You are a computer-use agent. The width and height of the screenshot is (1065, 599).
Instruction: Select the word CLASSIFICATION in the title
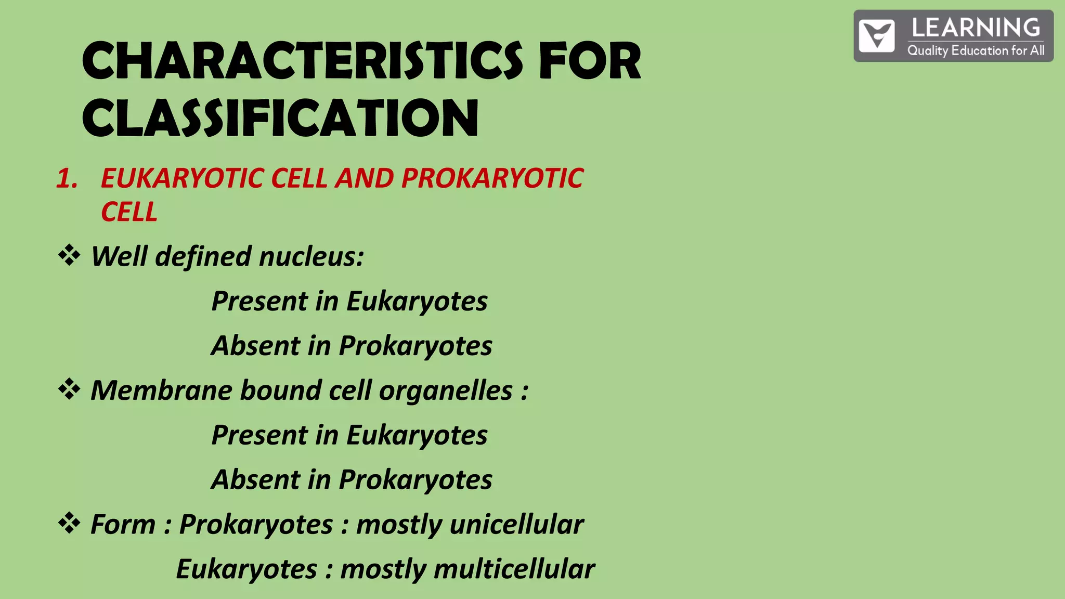click(x=280, y=118)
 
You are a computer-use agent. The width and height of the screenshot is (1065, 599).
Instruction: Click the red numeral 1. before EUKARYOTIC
click(x=67, y=178)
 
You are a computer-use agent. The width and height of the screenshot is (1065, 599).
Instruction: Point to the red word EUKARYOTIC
click(x=183, y=178)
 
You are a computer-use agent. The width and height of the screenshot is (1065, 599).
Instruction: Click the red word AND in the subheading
click(x=365, y=178)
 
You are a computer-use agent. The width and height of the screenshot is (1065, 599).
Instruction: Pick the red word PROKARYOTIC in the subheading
click(x=492, y=178)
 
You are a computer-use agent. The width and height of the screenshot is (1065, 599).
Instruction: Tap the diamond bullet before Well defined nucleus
click(x=69, y=256)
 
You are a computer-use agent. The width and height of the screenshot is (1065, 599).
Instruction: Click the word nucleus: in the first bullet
click(x=311, y=256)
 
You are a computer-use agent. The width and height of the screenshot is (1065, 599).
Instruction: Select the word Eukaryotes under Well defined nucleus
click(x=417, y=302)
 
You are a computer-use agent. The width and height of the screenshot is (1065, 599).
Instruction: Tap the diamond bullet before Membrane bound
click(x=69, y=389)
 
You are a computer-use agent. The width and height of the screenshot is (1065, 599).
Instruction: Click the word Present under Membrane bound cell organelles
click(x=259, y=435)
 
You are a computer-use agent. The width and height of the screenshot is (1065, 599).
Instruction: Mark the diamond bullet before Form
click(x=69, y=523)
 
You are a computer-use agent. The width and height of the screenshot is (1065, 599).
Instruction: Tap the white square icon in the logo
click(x=877, y=36)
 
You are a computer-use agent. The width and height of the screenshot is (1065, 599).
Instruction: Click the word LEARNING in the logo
click(x=976, y=28)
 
